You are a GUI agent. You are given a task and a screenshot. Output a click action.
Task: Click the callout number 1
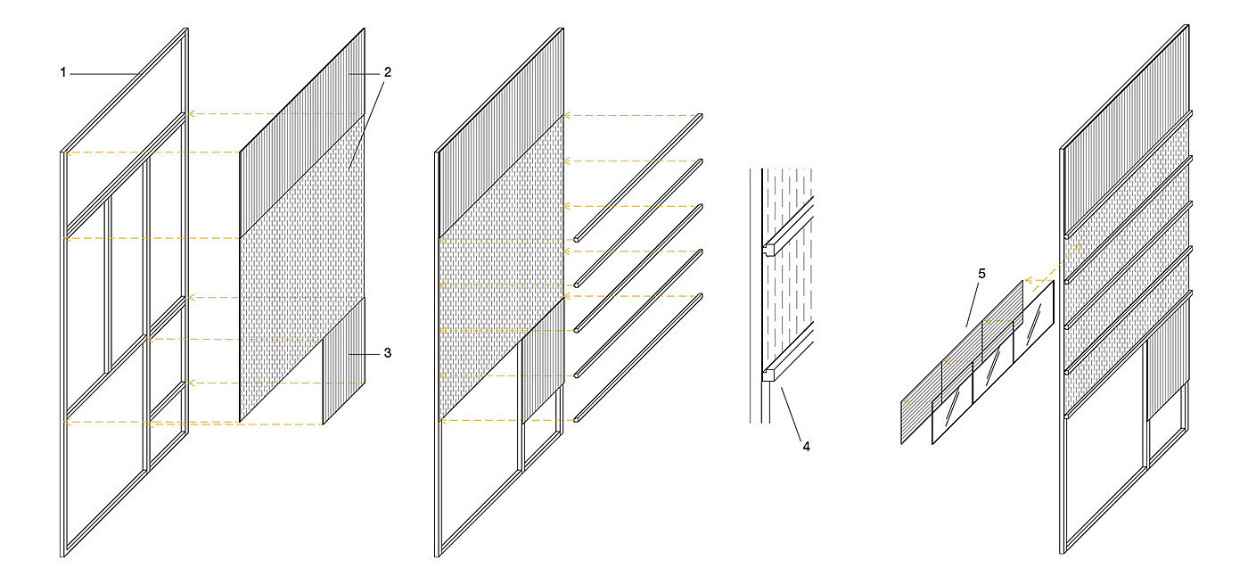point(63,73)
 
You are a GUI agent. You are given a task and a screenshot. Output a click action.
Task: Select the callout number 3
point(387,354)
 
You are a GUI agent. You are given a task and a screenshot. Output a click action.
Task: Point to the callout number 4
point(806,445)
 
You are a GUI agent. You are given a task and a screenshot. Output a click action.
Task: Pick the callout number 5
point(981,274)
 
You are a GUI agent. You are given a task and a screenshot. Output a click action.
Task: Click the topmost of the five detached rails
point(637,177)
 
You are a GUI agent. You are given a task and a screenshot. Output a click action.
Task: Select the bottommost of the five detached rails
point(637,357)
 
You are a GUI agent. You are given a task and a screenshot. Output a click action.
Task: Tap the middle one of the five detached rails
point(637,268)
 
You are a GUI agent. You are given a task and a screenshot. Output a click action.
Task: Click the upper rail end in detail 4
point(773,245)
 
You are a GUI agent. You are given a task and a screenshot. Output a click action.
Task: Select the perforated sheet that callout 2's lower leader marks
point(303,268)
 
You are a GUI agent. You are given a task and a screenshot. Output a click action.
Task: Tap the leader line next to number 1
point(103,73)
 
